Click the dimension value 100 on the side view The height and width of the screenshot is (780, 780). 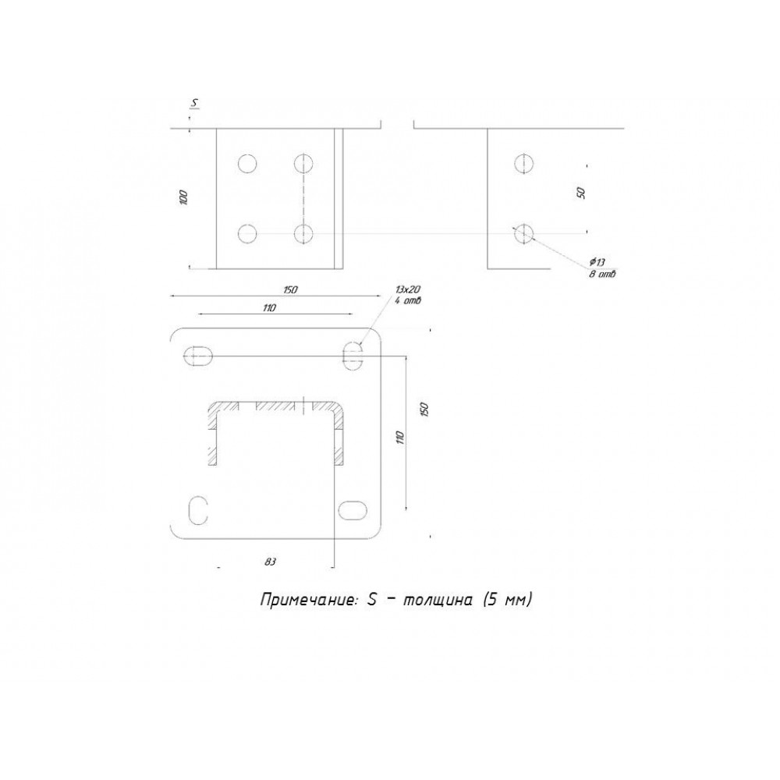(183, 197)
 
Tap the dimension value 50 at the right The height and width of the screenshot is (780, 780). (580, 193)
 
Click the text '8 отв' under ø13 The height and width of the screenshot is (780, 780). (602, 274)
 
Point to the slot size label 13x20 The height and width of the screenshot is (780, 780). (408, 289)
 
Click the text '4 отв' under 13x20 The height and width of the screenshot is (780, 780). (408, 300)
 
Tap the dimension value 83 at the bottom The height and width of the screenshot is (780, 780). (270, 562)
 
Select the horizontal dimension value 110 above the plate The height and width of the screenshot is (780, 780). (268, 308)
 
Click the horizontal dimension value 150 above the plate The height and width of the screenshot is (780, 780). (290, 289)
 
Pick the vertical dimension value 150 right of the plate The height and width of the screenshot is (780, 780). (424, 409)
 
